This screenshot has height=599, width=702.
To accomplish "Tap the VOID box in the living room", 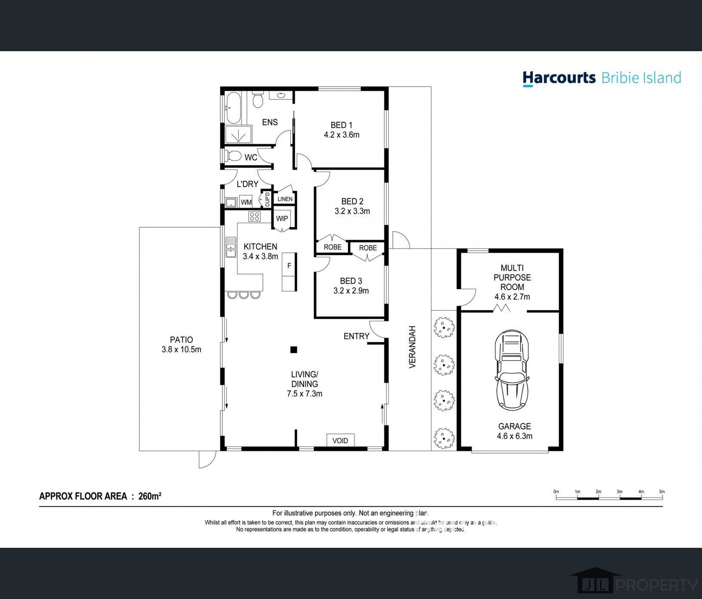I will pyautogui.click(x=340, y=440).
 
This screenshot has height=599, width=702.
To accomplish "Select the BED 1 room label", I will pyautogui.click(x=341, y=125).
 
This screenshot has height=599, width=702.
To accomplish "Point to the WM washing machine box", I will pyautogui.click(x=246, y=202).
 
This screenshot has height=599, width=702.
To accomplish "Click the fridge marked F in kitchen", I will pyautogui.click(x=289, y=266).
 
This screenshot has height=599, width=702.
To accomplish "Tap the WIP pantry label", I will pyautogui.click(x=282, y=219).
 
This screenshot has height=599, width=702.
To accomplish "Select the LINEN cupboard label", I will pyautogui.click(x=285, y=199).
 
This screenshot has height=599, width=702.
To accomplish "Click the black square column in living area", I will pyautogui.click(x=293, y=349).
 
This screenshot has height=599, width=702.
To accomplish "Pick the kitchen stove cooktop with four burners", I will pyautogui.click(x=254, y=216).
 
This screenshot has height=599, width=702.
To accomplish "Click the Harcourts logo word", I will pyautogui.click(x=559, y=78).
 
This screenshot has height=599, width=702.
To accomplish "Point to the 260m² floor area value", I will pyautogui.click(x=150, y=496).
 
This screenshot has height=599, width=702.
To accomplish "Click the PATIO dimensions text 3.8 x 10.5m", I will pyautogui.click(x=181, y=349).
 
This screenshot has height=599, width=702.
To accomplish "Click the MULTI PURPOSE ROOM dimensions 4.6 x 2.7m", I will pyautogui.click(x=512, y=296).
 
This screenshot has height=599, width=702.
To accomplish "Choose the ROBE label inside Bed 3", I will pyautogui.click(x=368, y=248).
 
